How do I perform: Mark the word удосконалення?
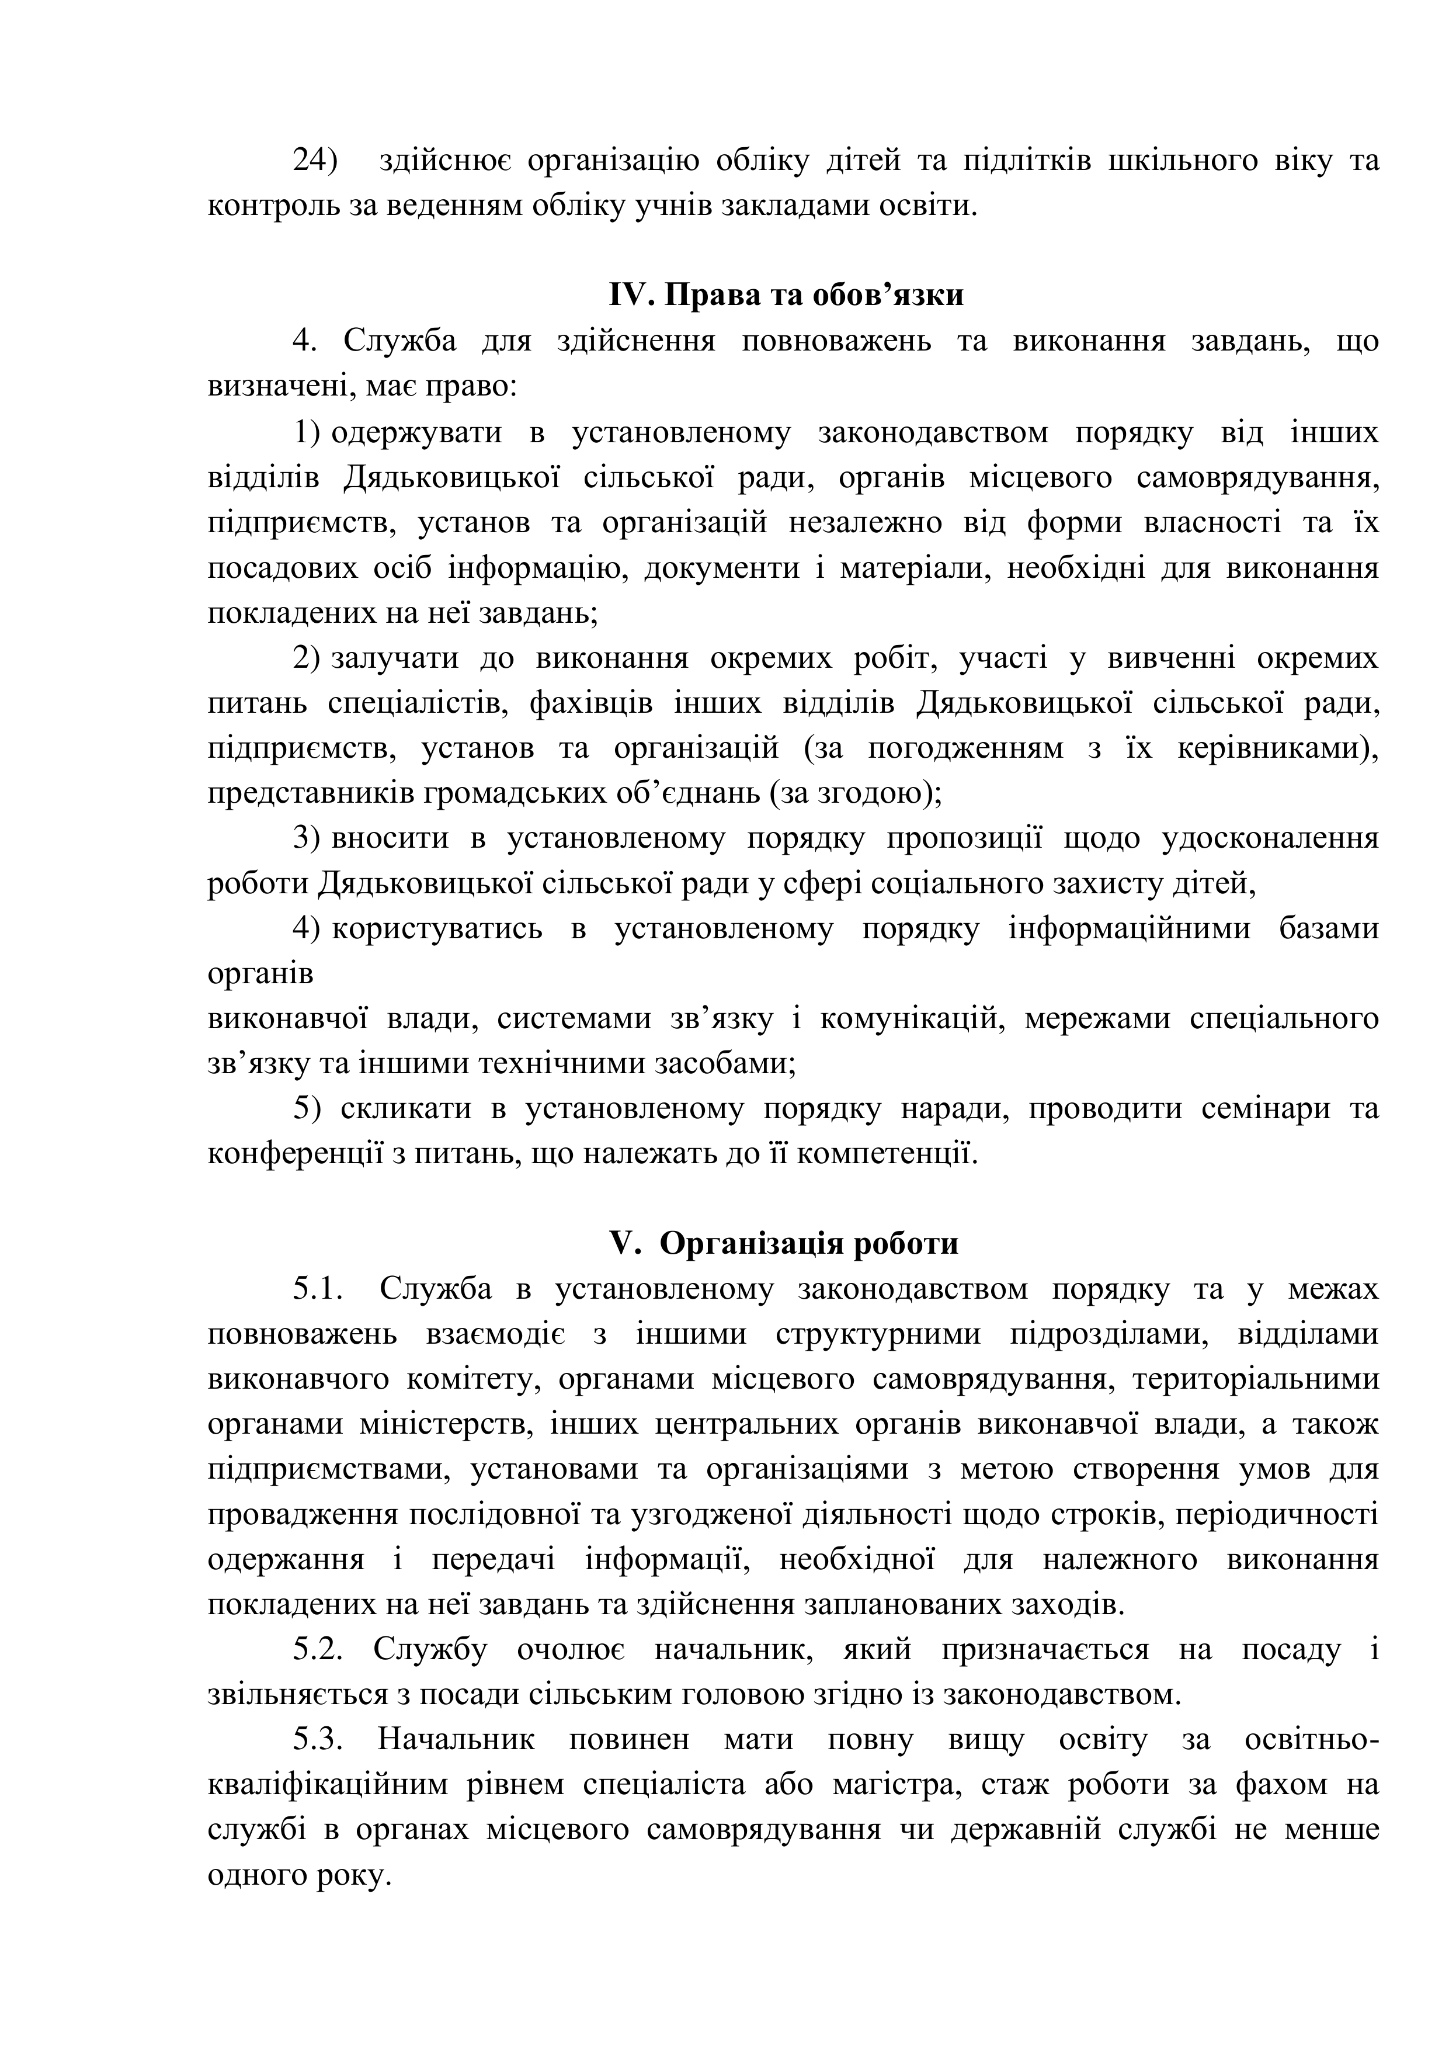[x=1270, y=838]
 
